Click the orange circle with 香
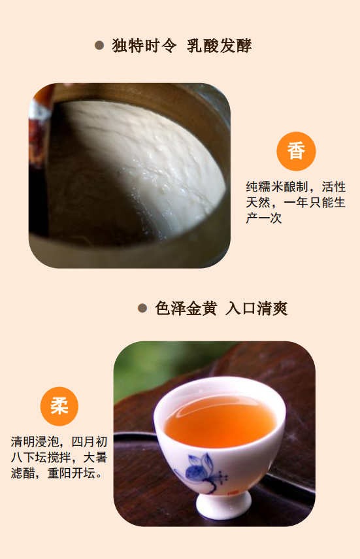pos(296,151)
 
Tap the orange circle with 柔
pos(59,407)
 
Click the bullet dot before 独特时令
pos(99,45)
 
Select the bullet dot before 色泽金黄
pos(142,308)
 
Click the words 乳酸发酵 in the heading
pos(220,46)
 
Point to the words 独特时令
pos(144,46)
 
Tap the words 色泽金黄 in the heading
pos(186,309)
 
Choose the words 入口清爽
pos(257,309)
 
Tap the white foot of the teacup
pos(223,505)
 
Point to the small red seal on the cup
pos(233,493)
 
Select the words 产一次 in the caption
pos(264,218)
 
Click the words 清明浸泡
pos(35,442)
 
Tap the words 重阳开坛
pos(72,473)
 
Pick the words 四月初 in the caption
pos(90,442)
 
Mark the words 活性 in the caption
pos(334,187)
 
